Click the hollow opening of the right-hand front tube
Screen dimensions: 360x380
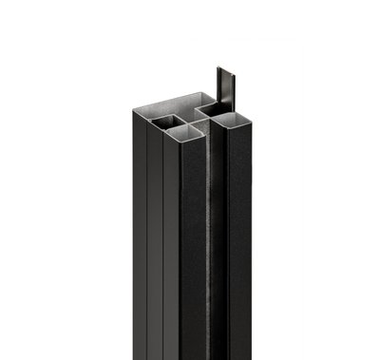232,119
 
